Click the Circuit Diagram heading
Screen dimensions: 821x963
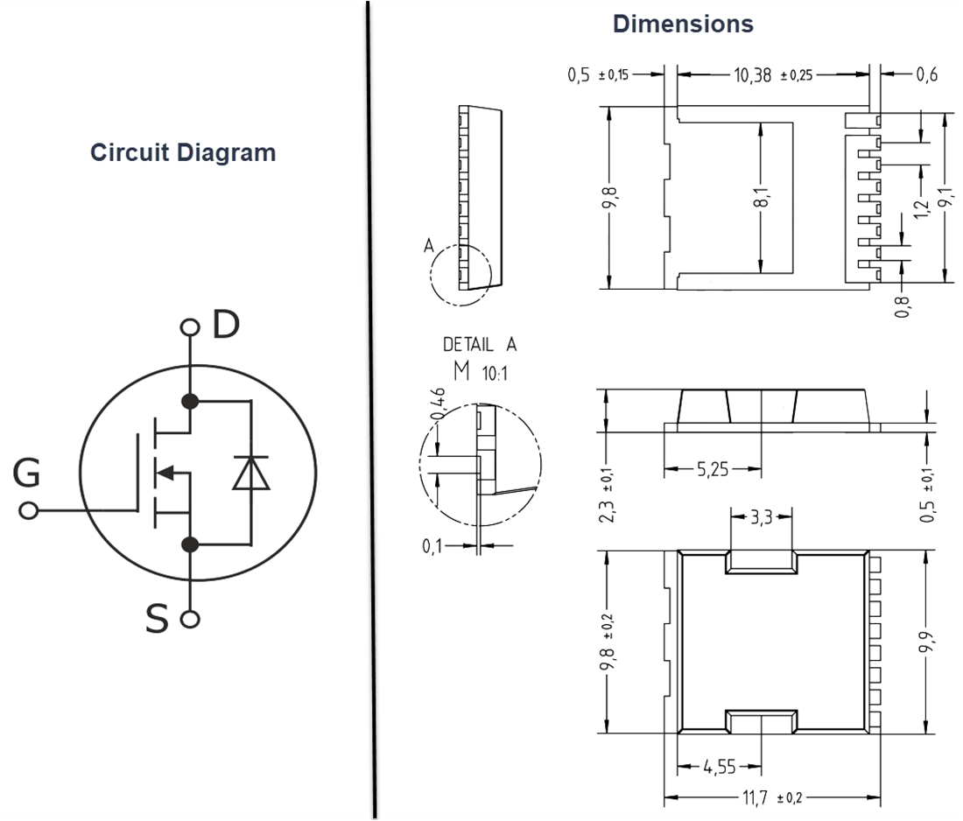pos(183,152)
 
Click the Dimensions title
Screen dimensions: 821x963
pos(683,24)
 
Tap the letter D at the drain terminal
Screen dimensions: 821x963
pos(225,325)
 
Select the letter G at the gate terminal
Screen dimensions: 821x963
pos(26,474)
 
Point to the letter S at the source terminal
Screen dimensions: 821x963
pos(157,620)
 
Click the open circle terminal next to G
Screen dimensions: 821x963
pos(29,510)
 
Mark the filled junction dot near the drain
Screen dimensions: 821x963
pos(190,402)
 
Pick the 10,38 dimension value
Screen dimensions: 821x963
pos(753,75)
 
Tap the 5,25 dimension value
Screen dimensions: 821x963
pos(713,470)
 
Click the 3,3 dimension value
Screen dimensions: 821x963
pos(761,516)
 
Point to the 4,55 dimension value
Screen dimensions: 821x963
pos(720,768)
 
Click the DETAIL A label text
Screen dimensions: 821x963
pos(480,345)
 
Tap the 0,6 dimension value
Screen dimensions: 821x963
pos(927,75)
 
